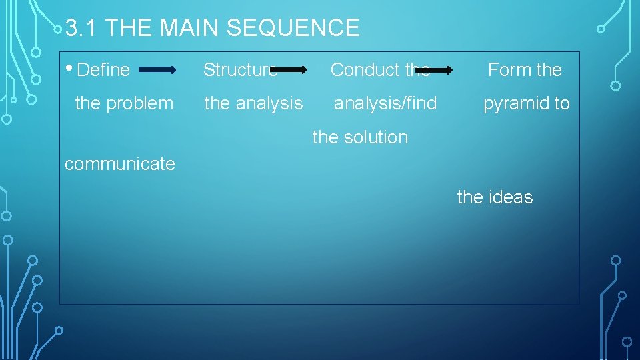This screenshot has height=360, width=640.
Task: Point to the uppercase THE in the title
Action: tap(129, 28)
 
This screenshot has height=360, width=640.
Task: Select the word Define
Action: tap(103, 69)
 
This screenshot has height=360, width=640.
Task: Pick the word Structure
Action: tap(239, 69)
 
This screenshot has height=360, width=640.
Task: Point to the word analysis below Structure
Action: tap(269, 103)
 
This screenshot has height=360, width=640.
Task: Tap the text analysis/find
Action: tap(385, 103)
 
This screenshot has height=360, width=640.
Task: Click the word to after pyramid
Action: tap(561, 103)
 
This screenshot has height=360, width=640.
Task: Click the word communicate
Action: tap(120, 164)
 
